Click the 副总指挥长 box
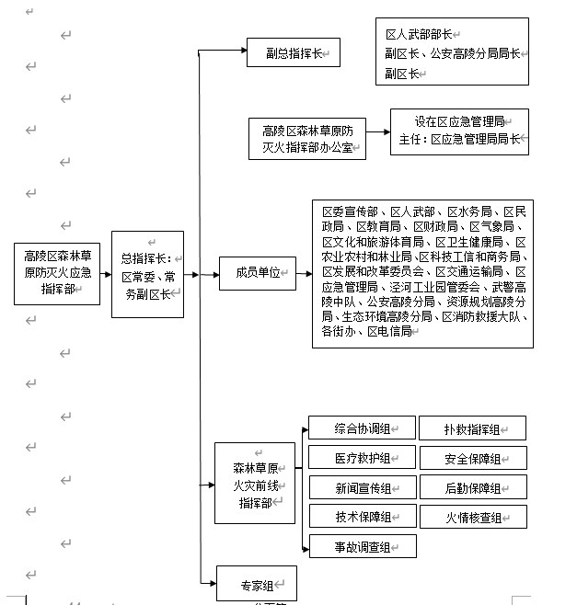pyautogui.click(x=293, y=52)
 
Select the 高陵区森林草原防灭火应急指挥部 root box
pyautogui.click(x=57, y=274)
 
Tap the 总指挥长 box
pyautogui.click(x=147, y=274)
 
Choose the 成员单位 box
pyautogui.click(x=257, y=273)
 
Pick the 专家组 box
pyautogui.click(x=256, y=585)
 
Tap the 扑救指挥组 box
pyautogui.click(x=472, y=428)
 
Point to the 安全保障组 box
pyautogui.click(x=472, y=459)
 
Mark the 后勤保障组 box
pyautogui.click(x=472, y=488)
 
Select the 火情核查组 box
pyautogui.click(x=473, y=518)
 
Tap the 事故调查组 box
pyautogui.click(x=362, y=547)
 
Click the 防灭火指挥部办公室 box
pyautogui.click(x=306, y=139)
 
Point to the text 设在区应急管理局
pyautogui.click(x=459, y=121)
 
